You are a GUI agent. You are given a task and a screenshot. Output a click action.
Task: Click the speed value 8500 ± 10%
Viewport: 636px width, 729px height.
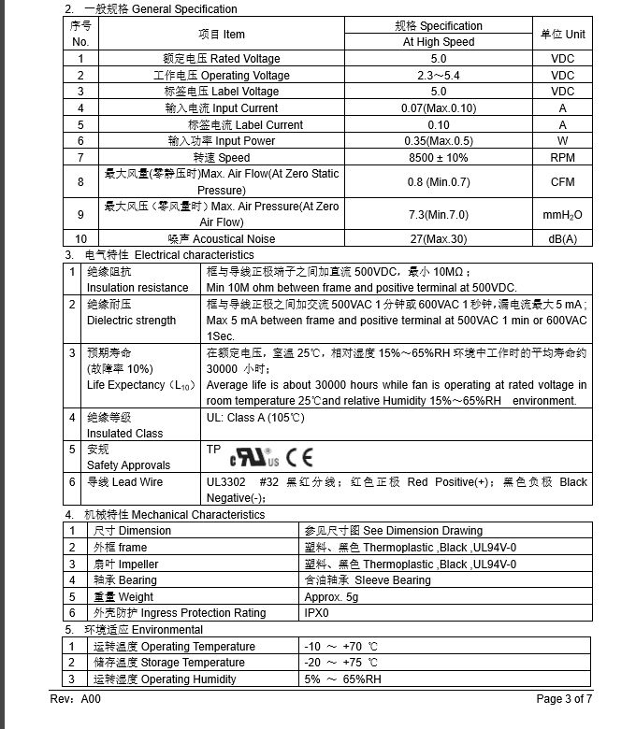pos(439,158)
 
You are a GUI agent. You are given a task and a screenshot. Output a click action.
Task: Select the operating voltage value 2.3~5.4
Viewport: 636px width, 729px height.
pos(439,76)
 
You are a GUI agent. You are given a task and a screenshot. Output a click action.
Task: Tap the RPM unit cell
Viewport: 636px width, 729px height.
pos(562,158)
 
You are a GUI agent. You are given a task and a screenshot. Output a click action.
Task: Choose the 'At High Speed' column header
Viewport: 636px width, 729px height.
pos(439,42)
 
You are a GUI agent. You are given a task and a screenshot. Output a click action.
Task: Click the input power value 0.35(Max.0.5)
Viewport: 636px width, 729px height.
pos(439,141)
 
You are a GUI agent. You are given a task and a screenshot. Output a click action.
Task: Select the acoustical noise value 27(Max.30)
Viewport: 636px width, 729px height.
pos(439,239)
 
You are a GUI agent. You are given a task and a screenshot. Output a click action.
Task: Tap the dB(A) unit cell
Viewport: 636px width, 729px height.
pos(562,239)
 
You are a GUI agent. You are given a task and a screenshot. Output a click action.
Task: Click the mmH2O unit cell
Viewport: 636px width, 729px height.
pos(562,215)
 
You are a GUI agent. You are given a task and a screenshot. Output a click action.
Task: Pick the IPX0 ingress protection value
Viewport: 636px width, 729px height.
pos(317,613)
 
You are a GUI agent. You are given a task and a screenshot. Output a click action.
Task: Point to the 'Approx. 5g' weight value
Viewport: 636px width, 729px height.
pos(331,596)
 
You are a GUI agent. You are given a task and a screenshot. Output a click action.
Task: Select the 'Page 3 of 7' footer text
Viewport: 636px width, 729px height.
pos(564,699)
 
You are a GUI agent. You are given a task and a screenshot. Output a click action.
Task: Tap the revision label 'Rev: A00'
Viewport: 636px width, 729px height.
pos(75,699)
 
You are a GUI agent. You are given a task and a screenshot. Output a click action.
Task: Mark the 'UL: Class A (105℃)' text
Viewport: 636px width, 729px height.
pos(255,418)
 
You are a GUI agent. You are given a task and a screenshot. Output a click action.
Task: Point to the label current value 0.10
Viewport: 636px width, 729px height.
pos(439,125)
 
